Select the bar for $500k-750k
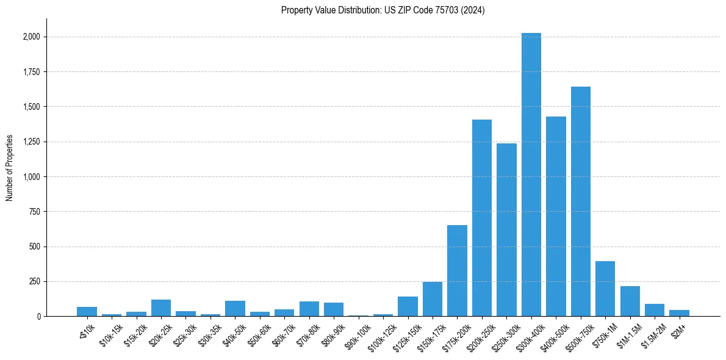click(580, 201)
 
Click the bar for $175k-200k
click(457, 271)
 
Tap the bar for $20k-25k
click(161, 308)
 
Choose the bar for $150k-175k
click(433, 299)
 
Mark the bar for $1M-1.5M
click(630, 301)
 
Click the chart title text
click(383, 10)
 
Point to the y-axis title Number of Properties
click(10, 168)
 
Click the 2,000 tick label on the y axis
click(32, 37)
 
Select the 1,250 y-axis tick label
click(32, 142)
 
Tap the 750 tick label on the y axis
click(35, 212)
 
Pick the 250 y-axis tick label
click(35, 282)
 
